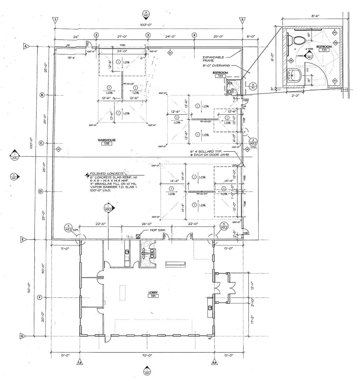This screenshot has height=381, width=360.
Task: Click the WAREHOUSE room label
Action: point(106,140)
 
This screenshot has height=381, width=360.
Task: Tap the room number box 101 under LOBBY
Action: point(153,296)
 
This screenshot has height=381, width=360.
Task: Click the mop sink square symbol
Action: point(138,236)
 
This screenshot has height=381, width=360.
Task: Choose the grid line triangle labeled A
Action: point(26,47)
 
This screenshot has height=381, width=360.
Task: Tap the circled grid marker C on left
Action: point(41,143)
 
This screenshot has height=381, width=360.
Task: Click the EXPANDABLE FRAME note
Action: point(213,59)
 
